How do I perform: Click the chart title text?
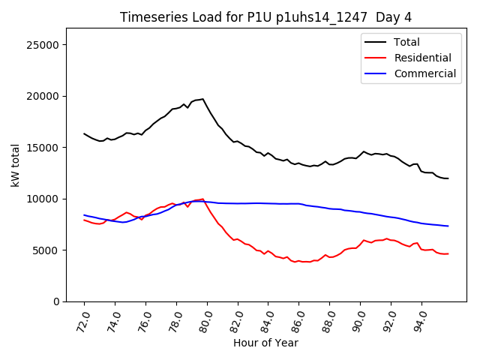(x=265, y=17)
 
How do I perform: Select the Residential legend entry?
(x=422, y=58)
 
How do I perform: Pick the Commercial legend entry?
(x=424, y=73)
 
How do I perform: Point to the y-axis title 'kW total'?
(x=15, y=164)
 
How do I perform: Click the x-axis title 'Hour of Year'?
(x=265, y=343)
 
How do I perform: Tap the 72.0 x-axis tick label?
(x=82, y=319)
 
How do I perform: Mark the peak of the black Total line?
(x=202, y=99)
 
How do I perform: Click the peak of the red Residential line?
(x=202, y=199)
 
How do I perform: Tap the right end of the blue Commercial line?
(x=448, y=226)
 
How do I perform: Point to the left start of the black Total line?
(x=84, y=133)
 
